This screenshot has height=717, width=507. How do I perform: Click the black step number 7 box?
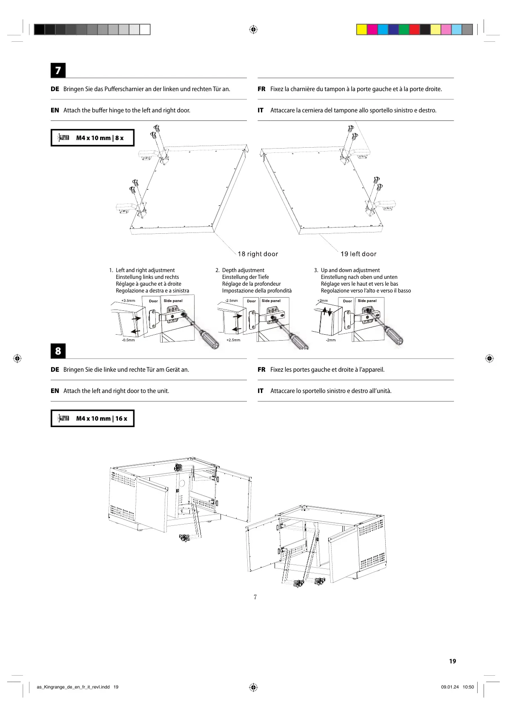(x=58, y=70)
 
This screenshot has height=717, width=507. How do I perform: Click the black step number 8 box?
(x=58, y=351)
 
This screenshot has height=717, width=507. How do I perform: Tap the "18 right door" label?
(x=258, y=254)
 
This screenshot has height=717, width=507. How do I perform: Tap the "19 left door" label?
(x=358, y=254)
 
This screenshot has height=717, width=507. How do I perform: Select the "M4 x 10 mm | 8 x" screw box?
(x=92, y=138)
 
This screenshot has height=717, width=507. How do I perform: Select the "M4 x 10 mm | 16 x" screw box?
(x=92, y=419)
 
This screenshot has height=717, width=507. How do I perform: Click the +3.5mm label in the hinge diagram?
(x=128, y=301)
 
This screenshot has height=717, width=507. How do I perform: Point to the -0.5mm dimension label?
(x=128, y=340)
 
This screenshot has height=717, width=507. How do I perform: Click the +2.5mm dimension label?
(x=233, y=340)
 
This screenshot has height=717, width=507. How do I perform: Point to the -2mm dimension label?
(x=331, y=340)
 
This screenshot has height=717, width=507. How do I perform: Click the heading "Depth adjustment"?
(x=243, y=270)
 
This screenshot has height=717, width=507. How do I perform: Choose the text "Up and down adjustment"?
(x=350, y=270)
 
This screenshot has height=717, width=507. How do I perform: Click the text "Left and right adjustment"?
(x=145, y=270)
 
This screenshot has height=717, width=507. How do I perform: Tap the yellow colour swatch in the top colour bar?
(x=361, y=29)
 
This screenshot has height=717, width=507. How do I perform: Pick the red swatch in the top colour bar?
(x=414, y=29)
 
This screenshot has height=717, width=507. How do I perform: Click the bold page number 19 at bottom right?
(x=453, y=661)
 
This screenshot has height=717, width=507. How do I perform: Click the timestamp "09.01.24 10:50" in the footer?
(x=457, y=687)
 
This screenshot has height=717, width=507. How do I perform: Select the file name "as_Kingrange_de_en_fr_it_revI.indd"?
(x=73, y=687)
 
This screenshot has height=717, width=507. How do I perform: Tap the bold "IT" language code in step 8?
(x=261, y=391)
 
